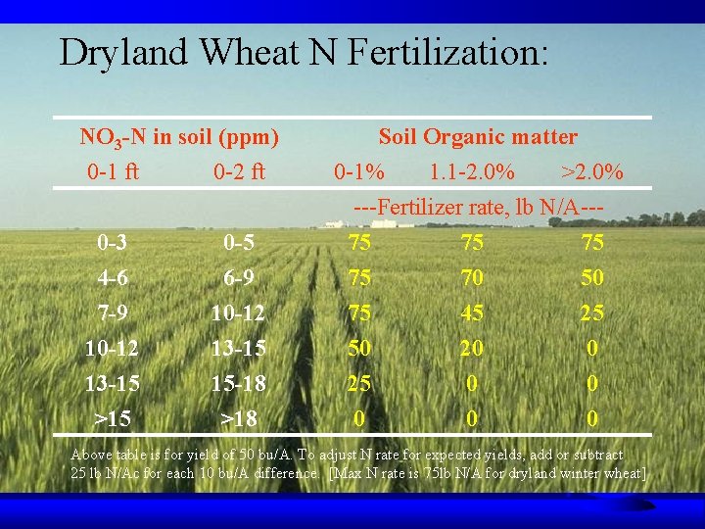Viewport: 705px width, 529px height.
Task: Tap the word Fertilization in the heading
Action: pos(446,52)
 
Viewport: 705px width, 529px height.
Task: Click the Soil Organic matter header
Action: pos(478,137)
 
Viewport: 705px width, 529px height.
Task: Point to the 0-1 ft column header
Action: pos(113,173)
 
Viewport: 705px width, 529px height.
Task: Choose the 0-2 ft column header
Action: pos(239,173)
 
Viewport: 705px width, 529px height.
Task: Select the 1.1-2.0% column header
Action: pos(472,173)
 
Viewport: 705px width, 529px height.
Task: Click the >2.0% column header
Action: pos(591,173)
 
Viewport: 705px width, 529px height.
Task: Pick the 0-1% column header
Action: pos(359,173)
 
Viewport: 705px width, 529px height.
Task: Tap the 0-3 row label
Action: pos(113,242)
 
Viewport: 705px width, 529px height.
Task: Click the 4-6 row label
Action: pos(113,278)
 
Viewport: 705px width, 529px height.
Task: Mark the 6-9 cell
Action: pos(239,278)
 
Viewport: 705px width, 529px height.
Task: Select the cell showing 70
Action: pos(473,278)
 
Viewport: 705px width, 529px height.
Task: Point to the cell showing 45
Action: pos(473,313)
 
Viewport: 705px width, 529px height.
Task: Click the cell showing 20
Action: pos(473,349)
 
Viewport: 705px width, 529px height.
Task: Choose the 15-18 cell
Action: pos(239,384)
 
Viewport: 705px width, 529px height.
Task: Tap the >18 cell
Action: pos(239,419)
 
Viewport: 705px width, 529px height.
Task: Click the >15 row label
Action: pos(113,419)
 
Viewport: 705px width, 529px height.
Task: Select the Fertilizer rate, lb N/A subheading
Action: pos(478,208)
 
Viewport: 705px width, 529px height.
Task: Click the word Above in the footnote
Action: pos(92,456)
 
